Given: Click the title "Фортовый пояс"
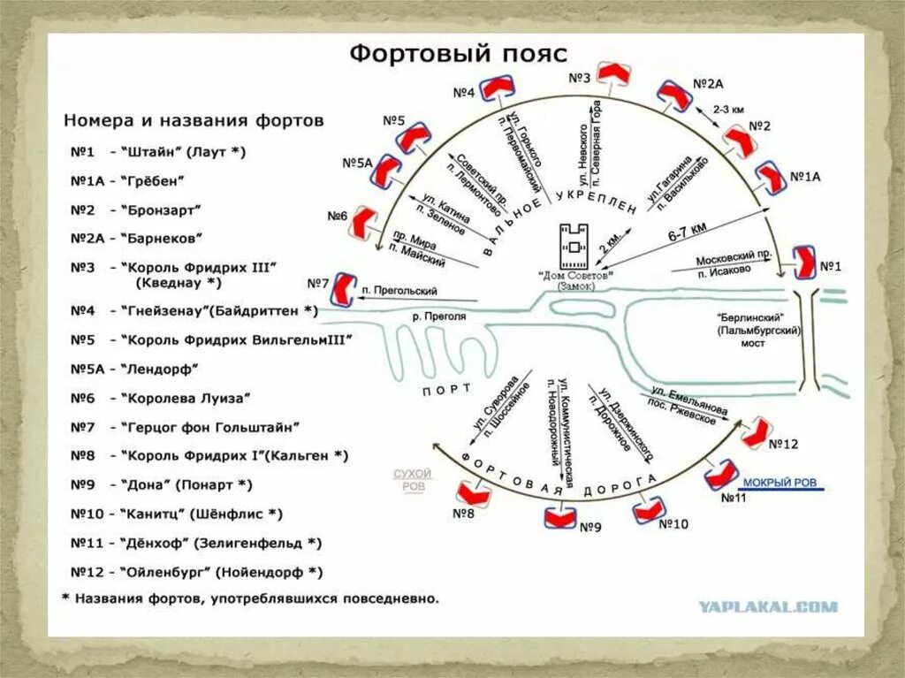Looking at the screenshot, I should pos(457,53).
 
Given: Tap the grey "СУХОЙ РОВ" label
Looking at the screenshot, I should pos(412,480).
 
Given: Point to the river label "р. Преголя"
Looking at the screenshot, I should pos(439,315).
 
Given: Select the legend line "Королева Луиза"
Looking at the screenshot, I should pos(187,399).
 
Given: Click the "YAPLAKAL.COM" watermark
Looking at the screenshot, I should pos(767,606).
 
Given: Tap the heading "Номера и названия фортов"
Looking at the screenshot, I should pos(194,119).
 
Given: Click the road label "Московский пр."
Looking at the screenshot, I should pos(724,259).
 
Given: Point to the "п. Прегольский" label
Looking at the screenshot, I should pos(399,290).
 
